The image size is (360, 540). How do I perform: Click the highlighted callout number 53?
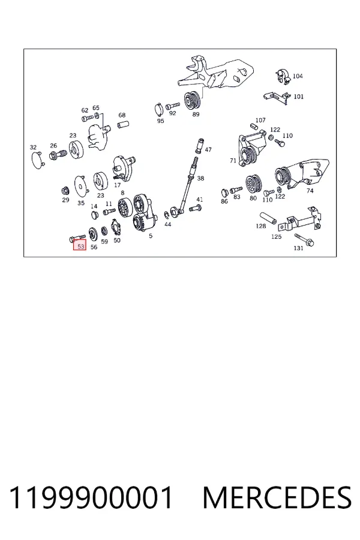pos(80,247)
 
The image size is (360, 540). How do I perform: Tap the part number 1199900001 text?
pos(91,497)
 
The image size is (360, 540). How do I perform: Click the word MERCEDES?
pos(277,497)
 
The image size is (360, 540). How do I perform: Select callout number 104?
pos(298,76)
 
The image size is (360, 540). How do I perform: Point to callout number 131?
pos(298,248)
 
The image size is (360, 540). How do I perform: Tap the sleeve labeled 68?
pos(124,124)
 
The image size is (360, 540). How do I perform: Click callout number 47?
pos(208,150)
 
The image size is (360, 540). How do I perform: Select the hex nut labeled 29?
pos(65,190)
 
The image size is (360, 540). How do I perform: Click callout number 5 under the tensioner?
pos(151,236)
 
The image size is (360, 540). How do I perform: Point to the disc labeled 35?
pos(82,186)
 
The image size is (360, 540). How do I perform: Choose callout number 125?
pos(276,236)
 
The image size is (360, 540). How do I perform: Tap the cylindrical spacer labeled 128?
pos(268,218)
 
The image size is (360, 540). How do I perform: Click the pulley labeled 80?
pos(254,185)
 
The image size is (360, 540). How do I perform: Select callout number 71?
pos(233,161)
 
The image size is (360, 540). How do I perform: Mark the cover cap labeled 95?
pos(159,109)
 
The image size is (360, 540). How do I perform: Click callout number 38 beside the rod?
pos(200,178)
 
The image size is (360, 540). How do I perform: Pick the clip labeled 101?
pos(276,97)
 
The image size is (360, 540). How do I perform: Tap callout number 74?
pos(310,191)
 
